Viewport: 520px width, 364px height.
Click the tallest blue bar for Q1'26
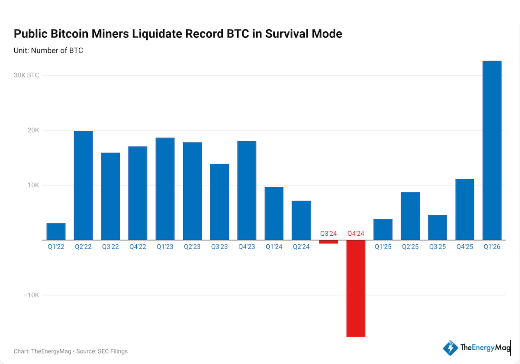[x=492, y=150]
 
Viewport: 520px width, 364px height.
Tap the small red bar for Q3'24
[x=328, y=242]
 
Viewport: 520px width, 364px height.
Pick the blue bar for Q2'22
[x=83, y=185]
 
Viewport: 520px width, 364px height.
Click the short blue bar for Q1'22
[x=56, y=231]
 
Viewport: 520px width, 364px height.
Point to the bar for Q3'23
[x=219, y=202]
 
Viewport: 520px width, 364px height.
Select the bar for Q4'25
[x=465, y=209]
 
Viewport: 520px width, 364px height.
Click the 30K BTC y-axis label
[x=27, y=75]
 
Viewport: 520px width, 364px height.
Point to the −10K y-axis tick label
[x=32, y=295]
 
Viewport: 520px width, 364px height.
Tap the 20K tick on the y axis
[x=33, y=130]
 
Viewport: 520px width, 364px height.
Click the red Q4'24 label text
[x=356, y=234]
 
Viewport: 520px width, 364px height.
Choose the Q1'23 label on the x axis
[x=165, y=247]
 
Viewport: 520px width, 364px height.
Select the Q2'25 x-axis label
[x=410, y=247]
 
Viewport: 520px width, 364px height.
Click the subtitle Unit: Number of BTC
[x=48, y=51]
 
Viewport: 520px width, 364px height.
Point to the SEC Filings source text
[x=113, y=351]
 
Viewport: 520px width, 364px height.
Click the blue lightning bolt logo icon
[x=450, y=348]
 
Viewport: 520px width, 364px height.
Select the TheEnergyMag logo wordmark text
[x=485, y=347]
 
